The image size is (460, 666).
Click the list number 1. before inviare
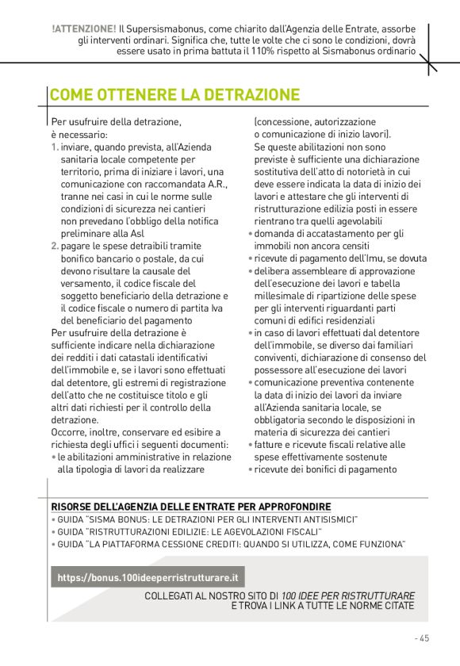[54, 147]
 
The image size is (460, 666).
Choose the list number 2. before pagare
[55, 246]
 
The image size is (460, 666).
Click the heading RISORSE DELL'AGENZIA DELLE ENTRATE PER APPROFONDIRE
[191, 507]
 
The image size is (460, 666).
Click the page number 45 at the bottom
[424, 638]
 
